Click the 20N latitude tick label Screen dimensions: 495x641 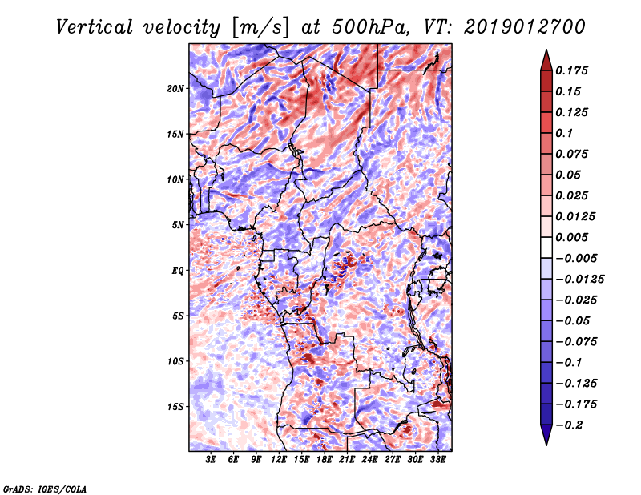coord(175,88)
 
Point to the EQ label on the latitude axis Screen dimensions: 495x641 coord(177,270)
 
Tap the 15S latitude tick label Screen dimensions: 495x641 coord(175,406)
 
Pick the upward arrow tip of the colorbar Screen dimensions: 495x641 coord(545,52)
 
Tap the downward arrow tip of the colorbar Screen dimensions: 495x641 coord(545,443)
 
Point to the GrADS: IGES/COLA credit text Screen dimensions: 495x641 coord(45,488)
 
